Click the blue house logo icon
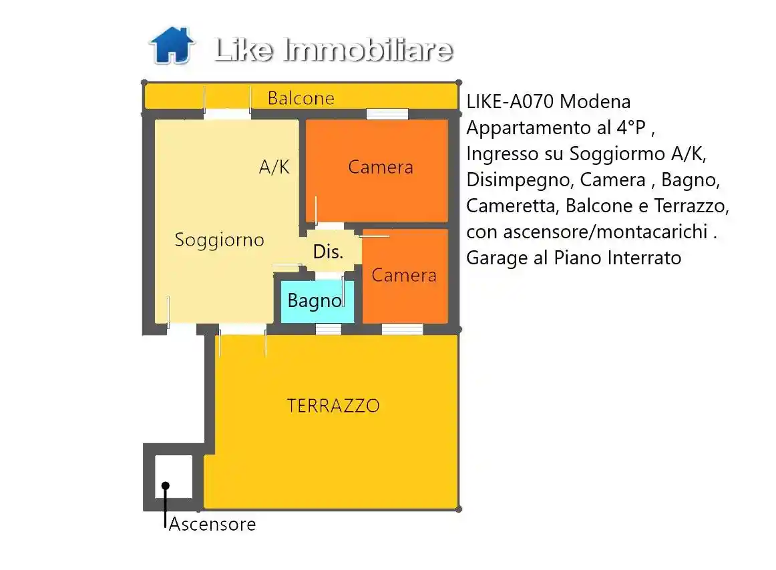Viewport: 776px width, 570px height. (x=172, y=45)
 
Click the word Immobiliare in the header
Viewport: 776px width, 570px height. (x=369, y=50)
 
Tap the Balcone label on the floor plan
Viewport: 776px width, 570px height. (x=301, y=99)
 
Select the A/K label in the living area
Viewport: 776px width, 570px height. (x=274, y=167)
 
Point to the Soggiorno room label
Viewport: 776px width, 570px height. (x=219, y=240)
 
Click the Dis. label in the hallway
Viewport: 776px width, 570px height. (x=328, y=252)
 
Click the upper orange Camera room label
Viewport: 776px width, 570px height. (x=380, y=167)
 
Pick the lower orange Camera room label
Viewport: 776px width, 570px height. (x=404, y=275)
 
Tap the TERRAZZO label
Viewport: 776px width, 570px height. (x=333, y=405)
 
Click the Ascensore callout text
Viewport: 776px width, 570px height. (x=212, y=524)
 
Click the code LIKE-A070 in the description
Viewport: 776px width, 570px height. (x=510, y=102)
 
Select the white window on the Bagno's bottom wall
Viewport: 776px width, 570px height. (x=328, y=328)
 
